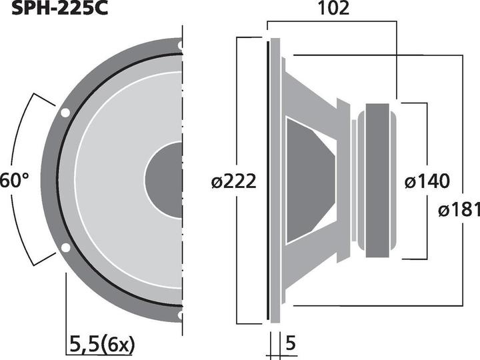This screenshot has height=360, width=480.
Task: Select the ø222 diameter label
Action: (233, 181)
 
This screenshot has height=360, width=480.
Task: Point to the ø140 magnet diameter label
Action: (427, 181)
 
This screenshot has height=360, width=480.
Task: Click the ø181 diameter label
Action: (459, 209)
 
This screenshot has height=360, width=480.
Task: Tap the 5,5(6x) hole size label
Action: (102, 345)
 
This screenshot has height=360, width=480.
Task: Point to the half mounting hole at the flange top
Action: (180, 46)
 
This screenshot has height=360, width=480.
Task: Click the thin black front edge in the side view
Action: (269, 180)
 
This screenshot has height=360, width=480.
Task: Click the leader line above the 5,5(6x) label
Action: (65, 300)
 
